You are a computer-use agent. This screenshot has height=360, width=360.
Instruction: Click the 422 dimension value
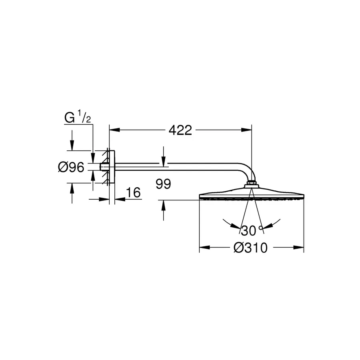pos(180,130)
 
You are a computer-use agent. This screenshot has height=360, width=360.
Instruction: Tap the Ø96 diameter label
pos(71,167)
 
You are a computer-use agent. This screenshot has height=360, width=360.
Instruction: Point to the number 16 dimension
pos(133,192)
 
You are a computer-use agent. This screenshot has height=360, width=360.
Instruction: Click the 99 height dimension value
pos(163,184)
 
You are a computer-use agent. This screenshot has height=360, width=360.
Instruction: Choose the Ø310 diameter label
pos(250,248)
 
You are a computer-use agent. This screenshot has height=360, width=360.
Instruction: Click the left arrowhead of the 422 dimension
pos(114,130)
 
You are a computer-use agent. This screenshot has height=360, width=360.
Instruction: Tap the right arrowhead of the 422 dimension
pos(246,130)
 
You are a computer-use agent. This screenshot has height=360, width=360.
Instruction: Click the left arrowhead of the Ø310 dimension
pos(204,248)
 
